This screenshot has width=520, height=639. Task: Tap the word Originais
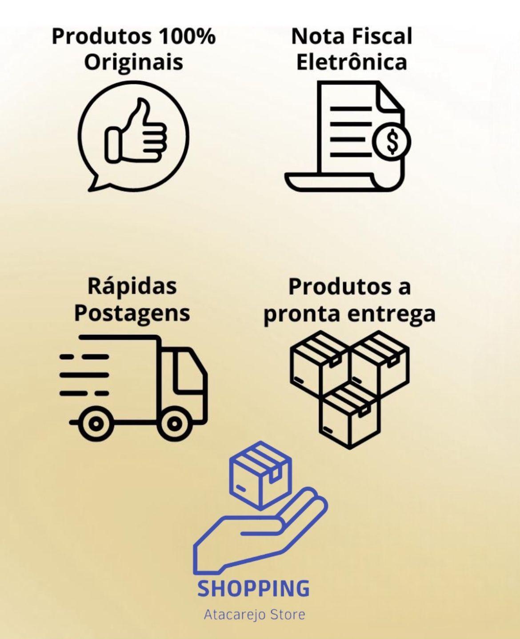133,62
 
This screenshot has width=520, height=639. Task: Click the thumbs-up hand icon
136,131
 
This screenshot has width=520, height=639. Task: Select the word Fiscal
382,36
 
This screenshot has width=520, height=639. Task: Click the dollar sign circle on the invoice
392,141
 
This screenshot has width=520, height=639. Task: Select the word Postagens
132,314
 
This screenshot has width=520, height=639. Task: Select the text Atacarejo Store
255,615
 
